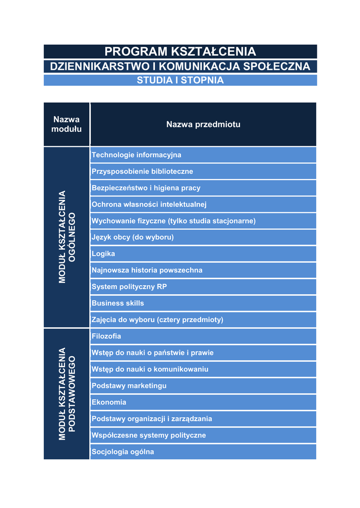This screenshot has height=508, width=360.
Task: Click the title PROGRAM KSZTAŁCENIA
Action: pos(180,52)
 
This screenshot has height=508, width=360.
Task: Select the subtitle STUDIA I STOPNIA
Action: pos(180,80)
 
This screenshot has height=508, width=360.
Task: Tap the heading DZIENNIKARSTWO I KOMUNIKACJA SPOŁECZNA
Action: pos(180,66)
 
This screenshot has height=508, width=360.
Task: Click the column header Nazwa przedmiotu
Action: pos(203,125)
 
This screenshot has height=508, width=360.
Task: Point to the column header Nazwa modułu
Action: pos(67,125)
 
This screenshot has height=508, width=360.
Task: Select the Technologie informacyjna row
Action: pos(203,155)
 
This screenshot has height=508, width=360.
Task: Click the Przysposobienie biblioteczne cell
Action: pos(203,172)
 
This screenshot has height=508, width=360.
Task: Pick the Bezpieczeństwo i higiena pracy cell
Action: pos(203,188)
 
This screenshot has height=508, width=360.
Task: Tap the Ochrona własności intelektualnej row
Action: pos(203,204)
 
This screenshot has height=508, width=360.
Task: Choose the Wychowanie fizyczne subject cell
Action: pos(203,221)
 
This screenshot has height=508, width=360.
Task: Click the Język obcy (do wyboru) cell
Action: pos(203,237)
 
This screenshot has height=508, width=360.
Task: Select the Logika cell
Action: pos(203,254)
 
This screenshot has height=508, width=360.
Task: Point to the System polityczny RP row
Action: pos(203,287)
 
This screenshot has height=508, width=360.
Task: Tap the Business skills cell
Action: pos(203,303)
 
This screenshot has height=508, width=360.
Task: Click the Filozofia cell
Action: pos(203,336)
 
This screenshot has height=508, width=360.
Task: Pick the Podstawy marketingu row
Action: pos(203,386)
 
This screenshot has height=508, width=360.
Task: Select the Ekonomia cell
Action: pos(203,402)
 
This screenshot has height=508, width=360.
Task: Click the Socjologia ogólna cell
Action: pos(203,452)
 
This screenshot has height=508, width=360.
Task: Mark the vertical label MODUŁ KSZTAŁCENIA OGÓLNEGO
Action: pos(67,237)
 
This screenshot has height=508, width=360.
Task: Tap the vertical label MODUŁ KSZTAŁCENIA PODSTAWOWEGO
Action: pos(67,394)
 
